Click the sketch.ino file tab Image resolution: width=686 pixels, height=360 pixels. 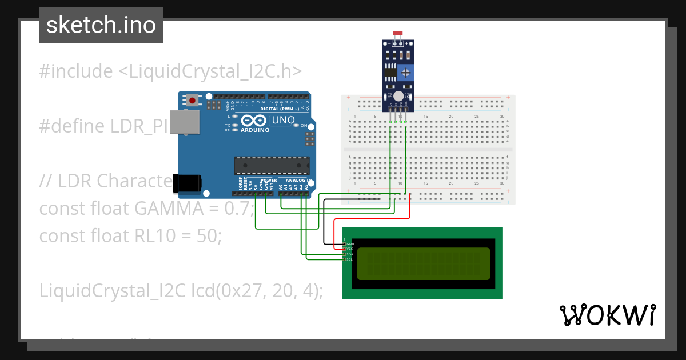101,25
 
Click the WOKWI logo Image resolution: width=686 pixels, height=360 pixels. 607,315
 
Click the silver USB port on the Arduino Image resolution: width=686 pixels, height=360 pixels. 185,122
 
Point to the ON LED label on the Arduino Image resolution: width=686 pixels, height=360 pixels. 304,125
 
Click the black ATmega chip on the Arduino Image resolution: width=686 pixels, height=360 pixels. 272,165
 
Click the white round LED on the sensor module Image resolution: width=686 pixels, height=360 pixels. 398,96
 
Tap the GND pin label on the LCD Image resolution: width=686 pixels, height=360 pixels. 349,244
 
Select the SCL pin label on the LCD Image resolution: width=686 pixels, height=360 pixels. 349,259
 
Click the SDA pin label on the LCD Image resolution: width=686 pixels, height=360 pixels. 349,254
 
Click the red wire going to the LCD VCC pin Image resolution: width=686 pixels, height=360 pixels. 372,219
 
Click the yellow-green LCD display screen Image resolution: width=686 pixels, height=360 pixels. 424,263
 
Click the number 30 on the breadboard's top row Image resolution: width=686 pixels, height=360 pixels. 502,117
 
